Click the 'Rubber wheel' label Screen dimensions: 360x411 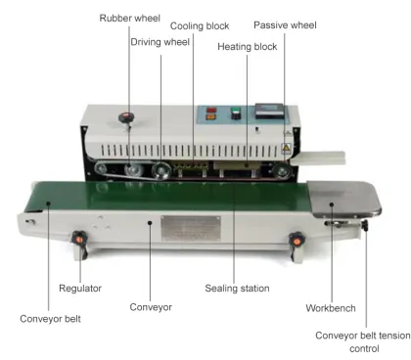click(x=128, y=18)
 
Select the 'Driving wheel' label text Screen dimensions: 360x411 click(x=160, y=41)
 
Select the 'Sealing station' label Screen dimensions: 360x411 click(x=236, y=289)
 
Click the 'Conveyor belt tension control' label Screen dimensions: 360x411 click(x=361, y=341)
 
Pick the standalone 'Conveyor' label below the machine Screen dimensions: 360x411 click(x=151, y=307)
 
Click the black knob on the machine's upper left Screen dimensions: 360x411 click(x=124, y=118)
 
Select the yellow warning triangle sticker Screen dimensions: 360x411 click(x=285, y=147)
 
